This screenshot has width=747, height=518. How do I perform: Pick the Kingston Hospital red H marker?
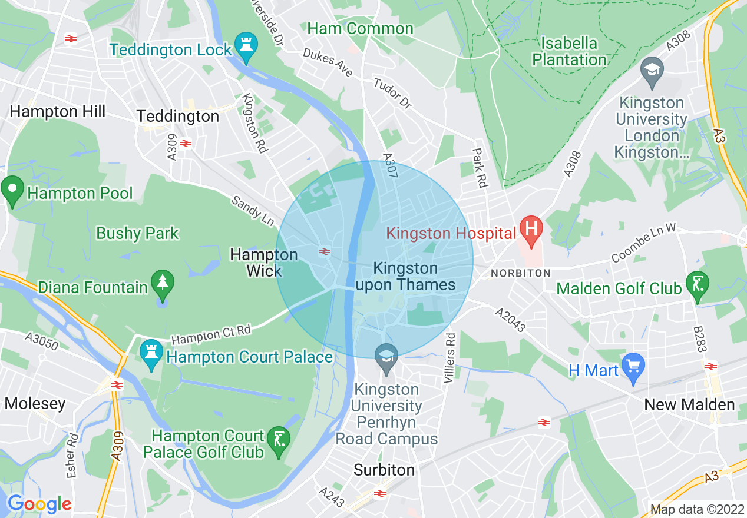pos(531,231)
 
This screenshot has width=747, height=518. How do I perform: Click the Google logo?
pos(39,504)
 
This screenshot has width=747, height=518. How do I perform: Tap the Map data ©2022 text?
pos(697,509)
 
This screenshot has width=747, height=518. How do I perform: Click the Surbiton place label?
pos(384,470)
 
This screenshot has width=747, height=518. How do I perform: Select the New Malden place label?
pos(689,404)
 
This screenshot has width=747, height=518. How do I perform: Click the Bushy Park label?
pos(137,233)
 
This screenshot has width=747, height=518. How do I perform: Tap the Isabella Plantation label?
pos(569,51)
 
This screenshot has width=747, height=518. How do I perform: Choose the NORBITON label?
pos(521,273)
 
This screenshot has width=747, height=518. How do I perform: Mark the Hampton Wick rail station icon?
pos(323,252)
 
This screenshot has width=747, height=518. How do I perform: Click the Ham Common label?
pos(360,28)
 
